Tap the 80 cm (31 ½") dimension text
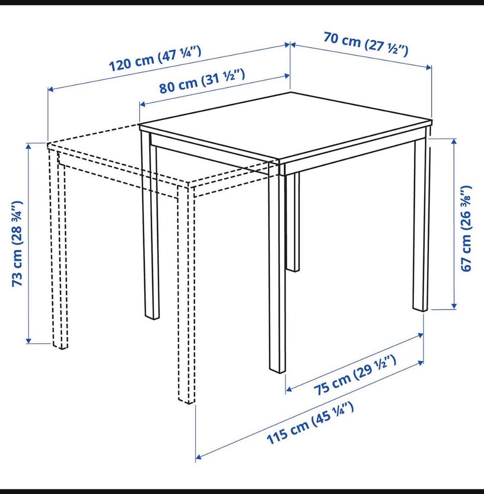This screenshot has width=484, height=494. click(x=202, y=81)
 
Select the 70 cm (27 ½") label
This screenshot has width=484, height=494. click(x=366, y=44)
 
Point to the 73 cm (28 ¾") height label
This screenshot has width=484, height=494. click(x=18, y=243)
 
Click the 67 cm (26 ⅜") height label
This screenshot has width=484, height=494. click(x=466, y=228)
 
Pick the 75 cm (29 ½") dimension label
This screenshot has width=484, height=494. click(x=355, y=375)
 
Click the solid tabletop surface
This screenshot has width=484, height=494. click(x=285, y=126)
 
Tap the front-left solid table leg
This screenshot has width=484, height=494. click(x=149, y=224)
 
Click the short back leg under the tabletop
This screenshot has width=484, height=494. click(x=293, y=221)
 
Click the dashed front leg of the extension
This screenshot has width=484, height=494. click(x=186, y=293)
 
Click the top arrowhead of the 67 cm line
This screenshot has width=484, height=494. click(x=454, y=142)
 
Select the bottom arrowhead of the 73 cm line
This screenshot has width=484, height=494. click(x=28, y=341)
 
